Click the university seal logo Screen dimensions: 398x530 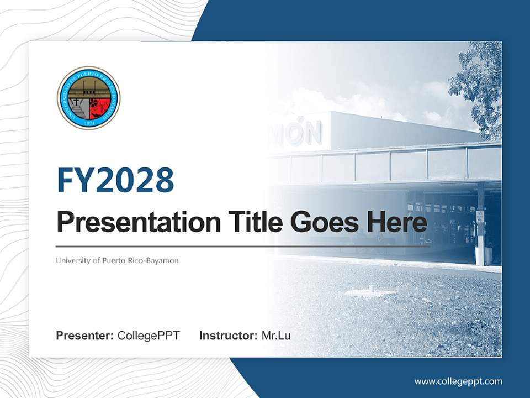pyautogui.click(x=88, y=98)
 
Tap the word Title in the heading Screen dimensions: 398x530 pyautogui.click(x=251, y=222)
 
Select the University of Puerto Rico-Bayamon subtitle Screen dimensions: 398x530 pyautogui.click(x=117, y=260)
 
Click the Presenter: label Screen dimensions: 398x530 pyautogui.click(x=85, y=336)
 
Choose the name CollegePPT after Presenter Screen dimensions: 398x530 pyautogui.click(x=149, y=336)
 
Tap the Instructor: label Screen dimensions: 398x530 pyautogui.click(x=228, y=336)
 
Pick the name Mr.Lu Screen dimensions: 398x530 pyautogui.click(x=276, y=336)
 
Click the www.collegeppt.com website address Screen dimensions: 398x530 pyautogui.click(x=458, y=381)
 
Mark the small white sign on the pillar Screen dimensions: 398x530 pyautogui.click(x=480, y=215)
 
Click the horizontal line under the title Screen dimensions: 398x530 pyautogui.click(x=243, y=247)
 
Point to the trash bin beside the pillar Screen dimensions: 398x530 pyautogui.click(x=488, y=255)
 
